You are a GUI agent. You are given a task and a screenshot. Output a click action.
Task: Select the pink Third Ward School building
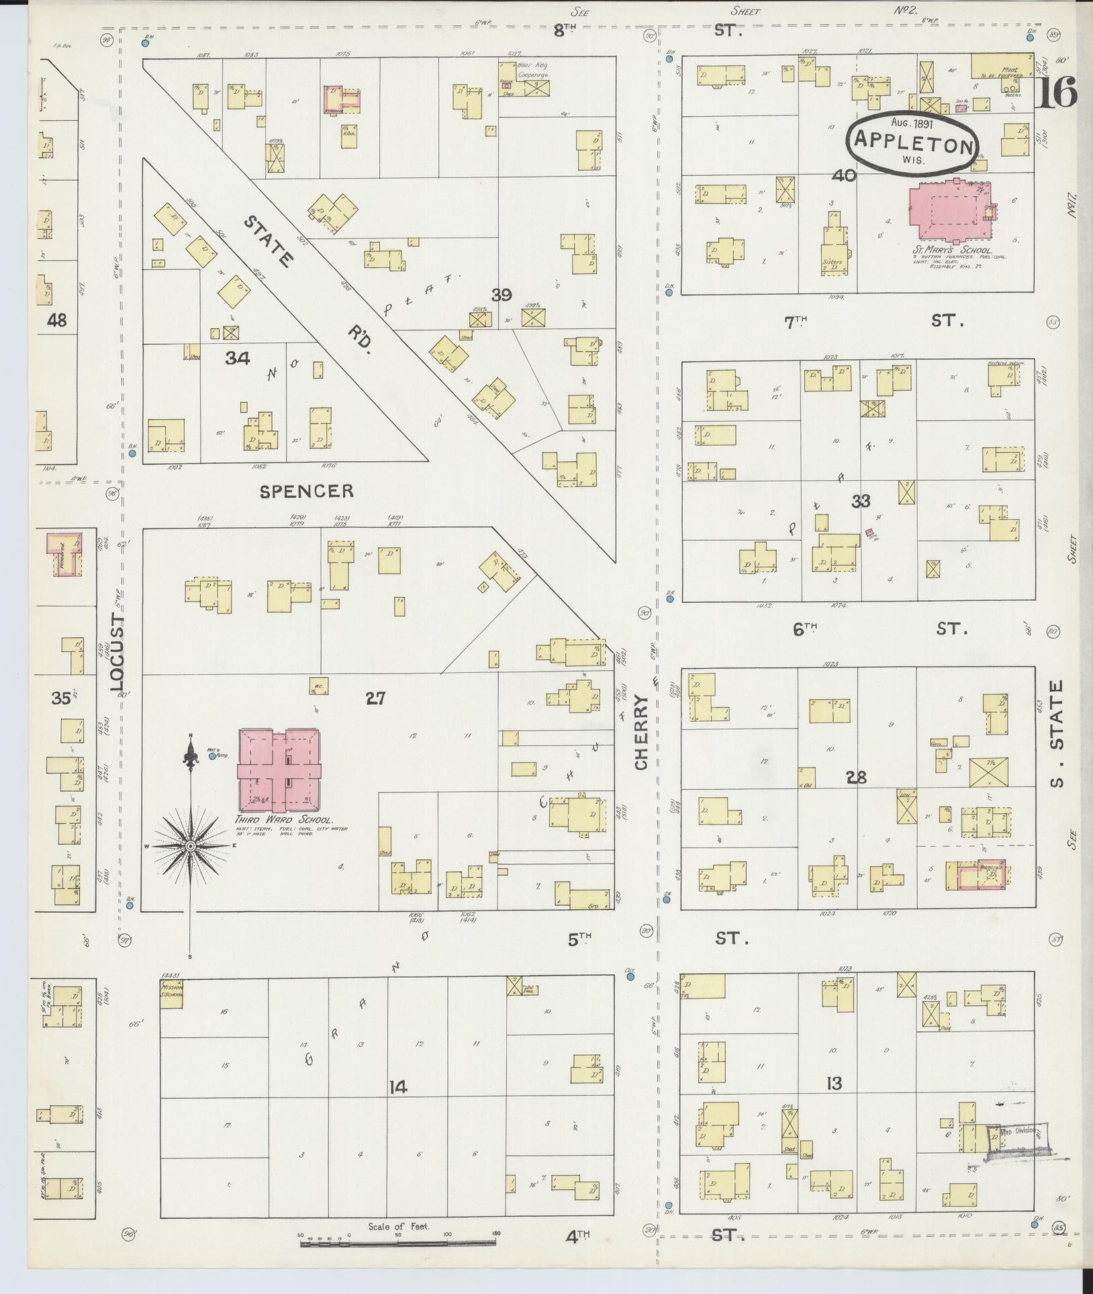pos(279,770)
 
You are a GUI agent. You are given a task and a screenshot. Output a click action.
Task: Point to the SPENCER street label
pos(306,492)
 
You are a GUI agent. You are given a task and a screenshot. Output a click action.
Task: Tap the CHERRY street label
pos(642,733)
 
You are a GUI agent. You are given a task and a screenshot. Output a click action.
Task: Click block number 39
pos(501,294)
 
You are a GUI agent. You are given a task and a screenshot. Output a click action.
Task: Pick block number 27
pos(375,699)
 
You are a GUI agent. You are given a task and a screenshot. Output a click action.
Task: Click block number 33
pos(861,501)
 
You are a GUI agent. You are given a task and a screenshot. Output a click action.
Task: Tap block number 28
pos(856,778)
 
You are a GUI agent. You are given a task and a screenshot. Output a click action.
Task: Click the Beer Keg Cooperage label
pos(533,71)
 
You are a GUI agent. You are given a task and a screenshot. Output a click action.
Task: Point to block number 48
pos(57,320)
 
